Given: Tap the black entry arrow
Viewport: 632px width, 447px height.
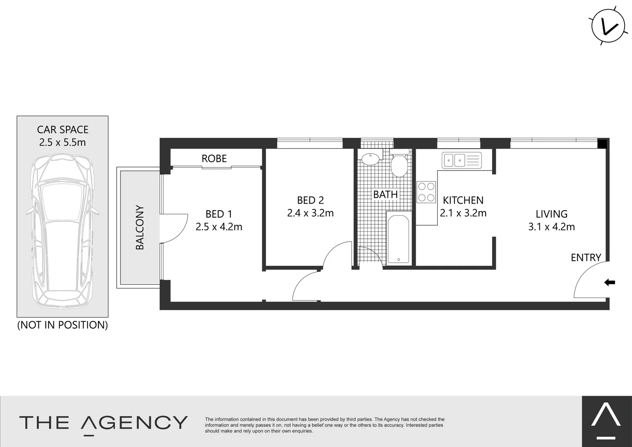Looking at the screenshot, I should (610, 283).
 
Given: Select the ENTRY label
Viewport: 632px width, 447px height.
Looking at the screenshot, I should (586, 257).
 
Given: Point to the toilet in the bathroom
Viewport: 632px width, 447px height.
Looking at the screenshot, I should (399, 165).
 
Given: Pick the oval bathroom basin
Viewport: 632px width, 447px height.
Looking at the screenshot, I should (371, 159).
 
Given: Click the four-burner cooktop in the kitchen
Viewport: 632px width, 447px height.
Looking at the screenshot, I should (426, 192).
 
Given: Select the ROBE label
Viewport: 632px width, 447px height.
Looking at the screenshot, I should (214, 159).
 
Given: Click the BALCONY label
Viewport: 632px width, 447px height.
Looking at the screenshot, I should (140, 227).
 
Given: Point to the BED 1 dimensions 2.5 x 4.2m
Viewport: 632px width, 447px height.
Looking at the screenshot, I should (219, 227).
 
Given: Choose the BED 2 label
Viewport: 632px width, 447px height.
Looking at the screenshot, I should (310, 200).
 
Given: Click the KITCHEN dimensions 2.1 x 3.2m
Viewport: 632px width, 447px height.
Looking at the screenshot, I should (463, 213).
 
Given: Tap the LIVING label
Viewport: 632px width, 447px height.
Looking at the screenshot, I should (551, 214).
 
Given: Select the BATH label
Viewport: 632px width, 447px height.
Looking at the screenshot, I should (385, 194).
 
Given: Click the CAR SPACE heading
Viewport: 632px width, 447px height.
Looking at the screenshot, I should (63, 130).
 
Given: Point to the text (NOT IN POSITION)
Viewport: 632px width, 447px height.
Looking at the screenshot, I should (62, 325).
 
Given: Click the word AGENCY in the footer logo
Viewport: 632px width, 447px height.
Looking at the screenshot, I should (134, 423).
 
